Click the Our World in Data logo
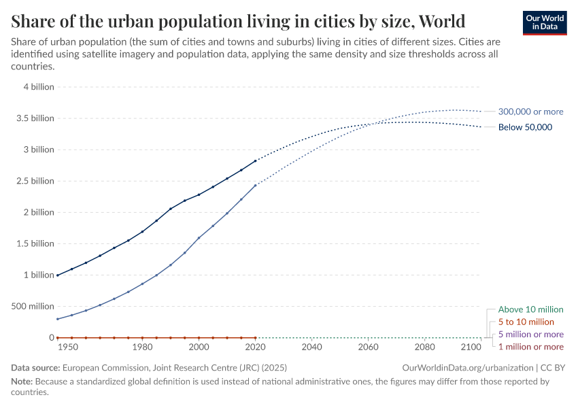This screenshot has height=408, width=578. click(x=544, y=22)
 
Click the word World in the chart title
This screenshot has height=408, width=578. click(x=442, y=21)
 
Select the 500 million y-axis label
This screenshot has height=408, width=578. click(x=31, y=306)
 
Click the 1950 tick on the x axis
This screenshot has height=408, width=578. click(x=67, y=347)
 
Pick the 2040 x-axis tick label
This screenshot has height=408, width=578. click(x=311, y=347)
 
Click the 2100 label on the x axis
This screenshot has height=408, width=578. click(x=471, y=347)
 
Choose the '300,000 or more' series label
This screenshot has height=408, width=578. click(x=530, y=112)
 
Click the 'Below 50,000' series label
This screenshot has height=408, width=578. click(x=525, y=127)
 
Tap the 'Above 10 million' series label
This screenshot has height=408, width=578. click(x=530, y=309)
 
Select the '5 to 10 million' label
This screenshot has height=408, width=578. click(x=526, y=322)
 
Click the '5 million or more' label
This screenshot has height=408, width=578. click(x=530, y=335)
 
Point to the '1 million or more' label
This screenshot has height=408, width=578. click(x=530, y=347)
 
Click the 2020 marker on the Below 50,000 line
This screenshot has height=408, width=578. click(x=256, y=161)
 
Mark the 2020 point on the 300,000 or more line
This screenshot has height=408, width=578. click(x=256, y=185)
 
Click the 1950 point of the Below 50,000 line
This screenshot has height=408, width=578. click(x=58, y=275)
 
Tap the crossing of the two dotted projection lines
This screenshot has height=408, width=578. click(x=371, y=124)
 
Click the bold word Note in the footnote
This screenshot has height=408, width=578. click(x=22, y=381)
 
